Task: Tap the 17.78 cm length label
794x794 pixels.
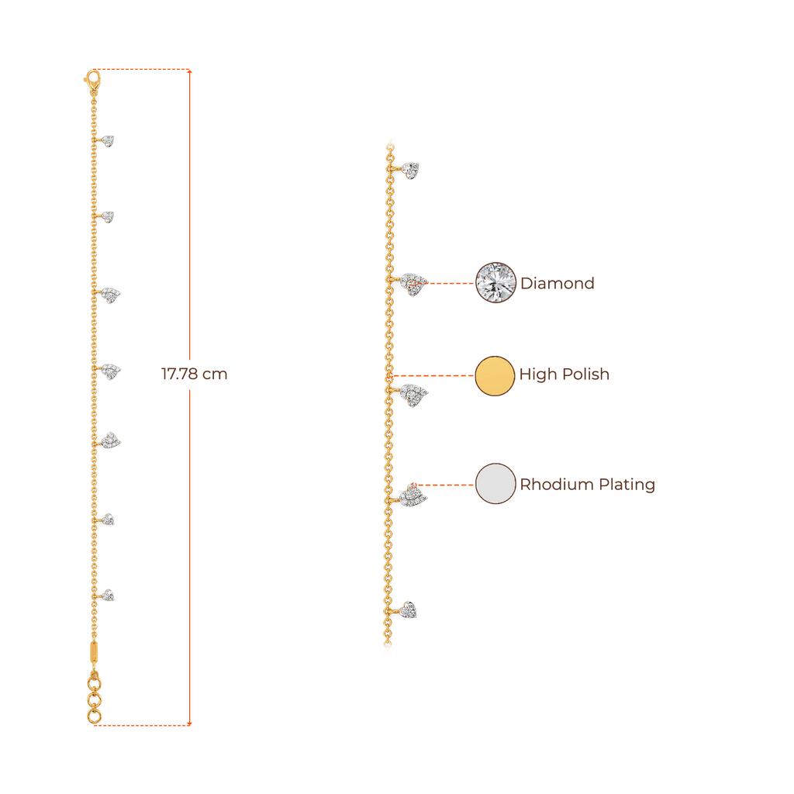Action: [194, 375]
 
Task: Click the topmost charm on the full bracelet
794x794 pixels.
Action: [108, 140]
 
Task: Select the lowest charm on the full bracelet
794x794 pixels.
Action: [109, 595]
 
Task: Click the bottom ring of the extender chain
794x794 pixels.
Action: [94, 716]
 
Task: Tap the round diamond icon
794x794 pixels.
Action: [495, 282]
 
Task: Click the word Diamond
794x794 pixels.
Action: [557, 283]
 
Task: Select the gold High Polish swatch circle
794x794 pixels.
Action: [495, 376]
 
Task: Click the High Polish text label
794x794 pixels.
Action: [564, 375]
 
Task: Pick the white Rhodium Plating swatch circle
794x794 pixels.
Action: [495, 485]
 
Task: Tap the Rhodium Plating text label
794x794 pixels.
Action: [587, 485]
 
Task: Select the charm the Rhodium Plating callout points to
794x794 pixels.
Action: [413, 494]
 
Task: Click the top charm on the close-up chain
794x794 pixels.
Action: [410, 168]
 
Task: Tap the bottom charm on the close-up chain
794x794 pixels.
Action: [409, 610]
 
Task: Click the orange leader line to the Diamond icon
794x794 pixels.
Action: [450, 283]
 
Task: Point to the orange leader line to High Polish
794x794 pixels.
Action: [434, 376]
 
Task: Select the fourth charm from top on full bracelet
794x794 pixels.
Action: [112, 371]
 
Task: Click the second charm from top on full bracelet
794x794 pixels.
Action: [108, 216]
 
